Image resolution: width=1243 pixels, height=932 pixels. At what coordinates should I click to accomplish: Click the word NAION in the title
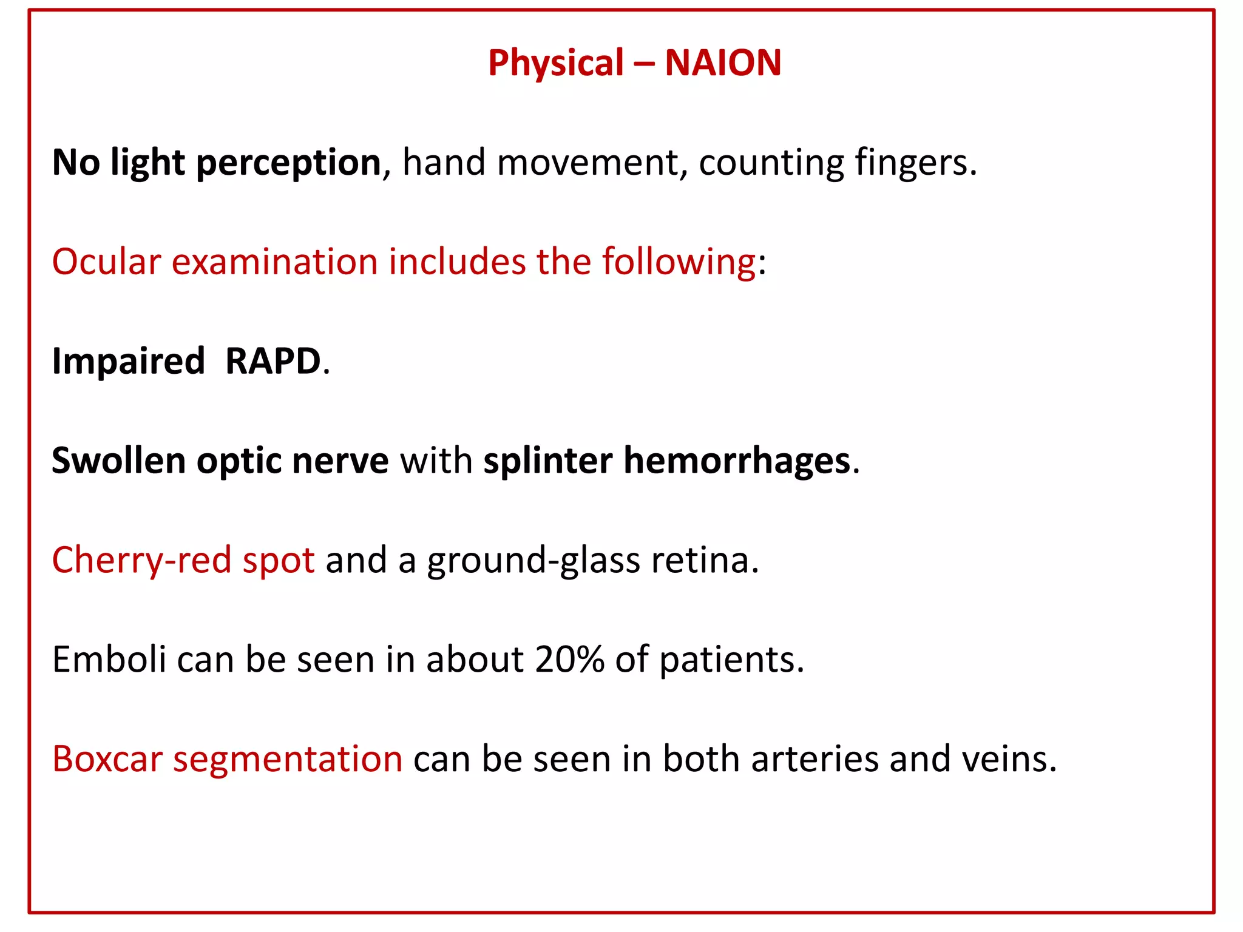tap(723, 62)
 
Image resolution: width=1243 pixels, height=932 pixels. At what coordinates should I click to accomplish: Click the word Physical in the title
tap(555, 64)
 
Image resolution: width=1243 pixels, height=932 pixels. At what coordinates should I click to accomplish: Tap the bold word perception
tap(288, 164)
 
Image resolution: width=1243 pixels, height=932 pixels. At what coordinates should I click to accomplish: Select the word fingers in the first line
tap(915, 164)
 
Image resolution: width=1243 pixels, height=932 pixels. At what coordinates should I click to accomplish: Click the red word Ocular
tap(106, 262)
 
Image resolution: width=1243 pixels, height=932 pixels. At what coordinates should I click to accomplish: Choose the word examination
tap(275, 262)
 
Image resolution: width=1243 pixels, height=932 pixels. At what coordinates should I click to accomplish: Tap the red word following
tap(679, 263)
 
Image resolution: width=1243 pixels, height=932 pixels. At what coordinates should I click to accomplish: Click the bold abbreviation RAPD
tap(273, 362)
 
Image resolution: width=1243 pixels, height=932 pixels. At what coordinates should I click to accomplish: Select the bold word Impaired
tap(128, 363)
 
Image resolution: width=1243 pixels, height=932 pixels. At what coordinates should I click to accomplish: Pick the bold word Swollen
tap(118, 461)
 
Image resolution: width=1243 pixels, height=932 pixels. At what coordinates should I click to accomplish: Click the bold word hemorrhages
tap(737, 462)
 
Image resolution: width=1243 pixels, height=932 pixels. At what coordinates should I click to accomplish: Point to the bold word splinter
tap(547, 462)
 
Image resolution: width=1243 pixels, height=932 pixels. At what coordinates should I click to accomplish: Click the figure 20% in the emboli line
tap(569, 660)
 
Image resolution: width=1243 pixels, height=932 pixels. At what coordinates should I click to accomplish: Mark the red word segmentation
tap(288, 760)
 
